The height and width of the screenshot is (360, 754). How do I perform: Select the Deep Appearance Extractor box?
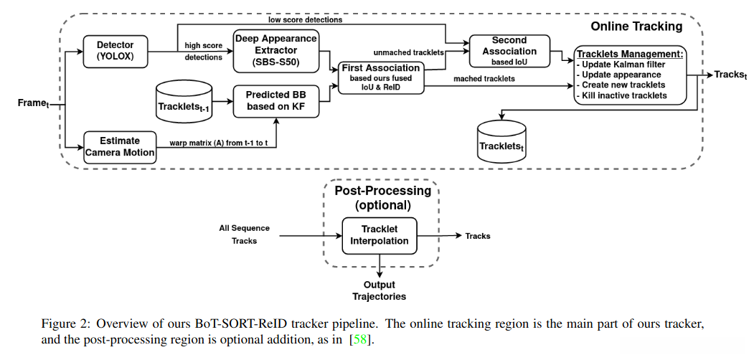point(276,50)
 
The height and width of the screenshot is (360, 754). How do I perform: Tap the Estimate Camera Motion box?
point(121,146)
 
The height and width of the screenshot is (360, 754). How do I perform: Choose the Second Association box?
point(509,50)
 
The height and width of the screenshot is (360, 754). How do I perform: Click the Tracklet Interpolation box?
point(380,235)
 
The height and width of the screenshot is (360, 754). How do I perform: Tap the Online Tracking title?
point(636,27)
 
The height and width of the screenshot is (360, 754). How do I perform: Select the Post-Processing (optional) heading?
point(383,197)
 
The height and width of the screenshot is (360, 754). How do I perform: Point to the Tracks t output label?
point(730,75)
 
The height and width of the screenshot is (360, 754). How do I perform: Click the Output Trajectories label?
point(379,290)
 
